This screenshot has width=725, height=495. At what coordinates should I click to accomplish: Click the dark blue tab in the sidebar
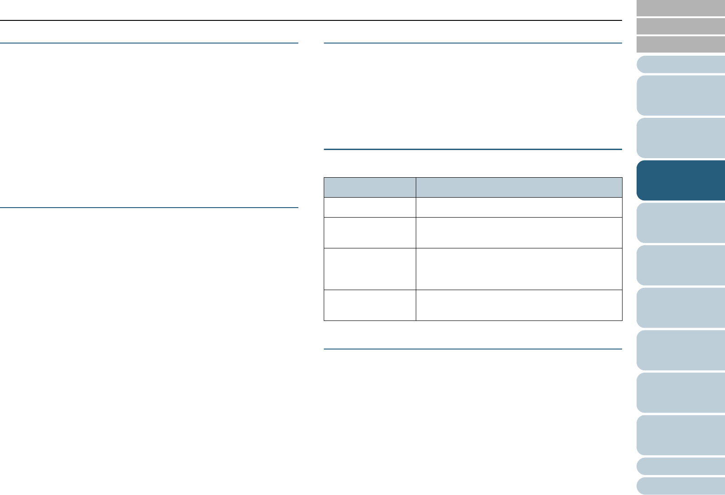tap(681, 180)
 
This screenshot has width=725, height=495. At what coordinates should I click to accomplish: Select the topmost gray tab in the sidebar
tap(681, 8)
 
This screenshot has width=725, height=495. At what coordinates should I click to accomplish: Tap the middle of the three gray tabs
tap(681, 26)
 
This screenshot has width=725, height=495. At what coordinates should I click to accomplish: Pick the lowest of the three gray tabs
tap(681, 44)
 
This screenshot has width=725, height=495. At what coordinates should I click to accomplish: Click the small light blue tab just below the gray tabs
tap(681, 64)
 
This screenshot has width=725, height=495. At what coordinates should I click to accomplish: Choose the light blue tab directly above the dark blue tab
tap(681, 138)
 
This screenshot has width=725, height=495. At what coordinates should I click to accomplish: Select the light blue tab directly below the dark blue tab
tap(681, 223)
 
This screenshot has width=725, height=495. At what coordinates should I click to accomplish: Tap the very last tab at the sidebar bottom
tap(681, 485)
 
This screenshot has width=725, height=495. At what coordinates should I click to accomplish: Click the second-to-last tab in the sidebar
tap(681, 466)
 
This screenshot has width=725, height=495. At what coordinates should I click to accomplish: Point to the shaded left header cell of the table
tap(370, 187)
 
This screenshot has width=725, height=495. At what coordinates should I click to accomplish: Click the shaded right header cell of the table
tap(519, 187)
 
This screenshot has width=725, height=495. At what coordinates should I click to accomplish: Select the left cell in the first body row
tap(370, 207)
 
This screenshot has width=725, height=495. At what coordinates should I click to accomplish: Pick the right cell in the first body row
tap(519, 207)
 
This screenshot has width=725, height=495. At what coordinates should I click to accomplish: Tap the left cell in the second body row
tap(370, 233)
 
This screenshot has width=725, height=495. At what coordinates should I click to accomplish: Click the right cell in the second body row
tap(519, 233)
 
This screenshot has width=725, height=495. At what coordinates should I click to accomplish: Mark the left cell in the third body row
tap(370, 269)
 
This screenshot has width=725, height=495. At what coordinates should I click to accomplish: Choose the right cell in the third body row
tap(519, 269)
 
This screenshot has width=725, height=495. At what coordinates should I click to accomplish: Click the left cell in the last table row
tap(370, 305)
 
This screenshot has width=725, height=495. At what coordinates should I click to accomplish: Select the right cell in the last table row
tap(519, 305)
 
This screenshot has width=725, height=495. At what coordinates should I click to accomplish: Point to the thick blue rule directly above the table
tap(473, 149)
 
